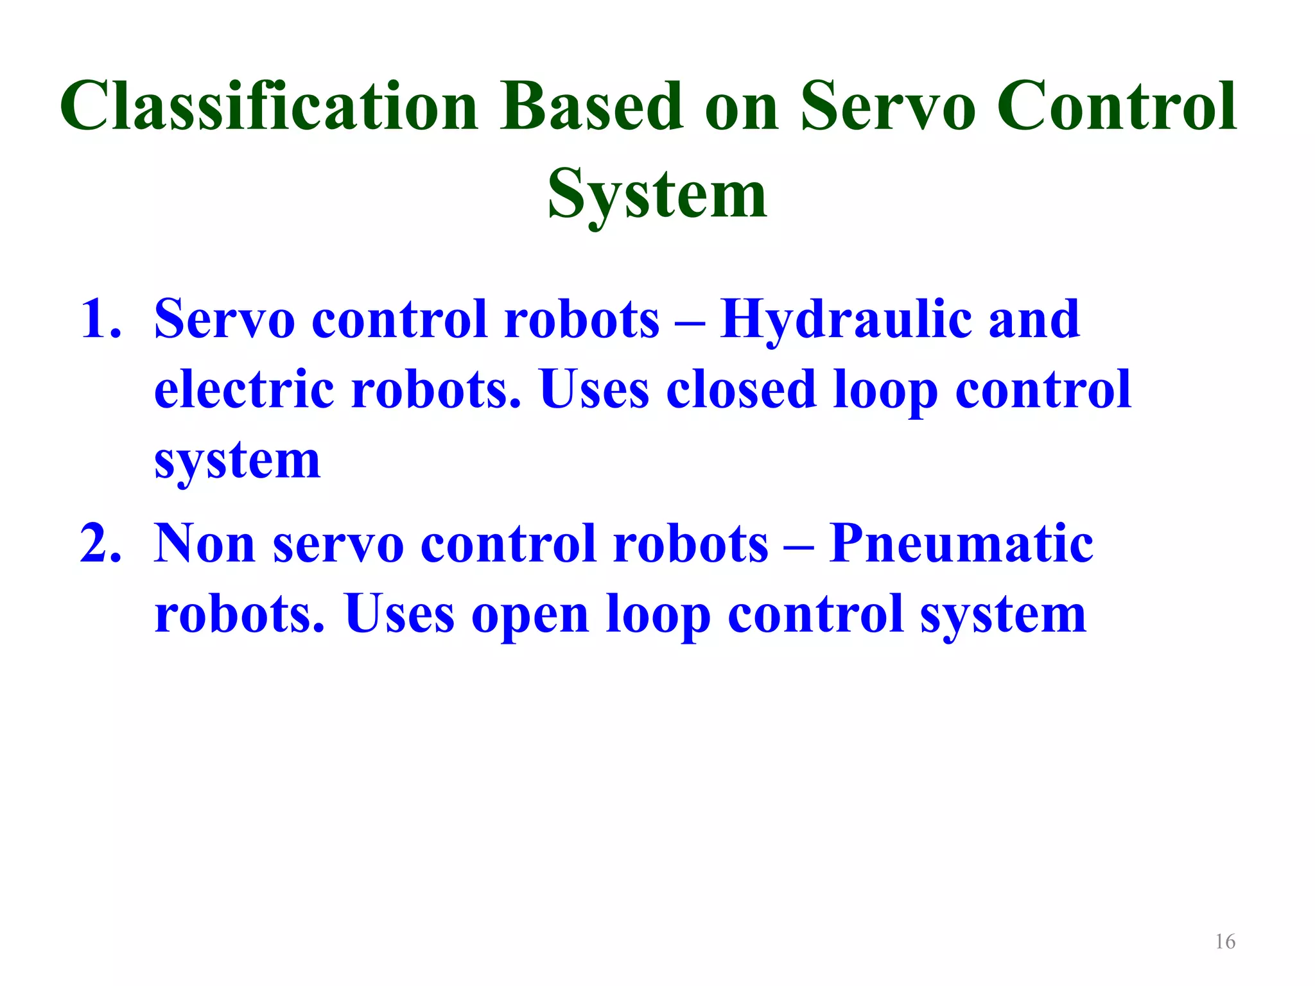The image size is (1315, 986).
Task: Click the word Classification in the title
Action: coord(269,106)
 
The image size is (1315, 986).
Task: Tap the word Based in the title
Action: coord(592,106)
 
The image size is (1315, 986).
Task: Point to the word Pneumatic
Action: coord(961,544)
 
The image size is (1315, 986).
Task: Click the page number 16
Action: coord(1225,942)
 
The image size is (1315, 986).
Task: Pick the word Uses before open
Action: coord(399,614)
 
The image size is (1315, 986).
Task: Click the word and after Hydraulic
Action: coord(1034,319)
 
